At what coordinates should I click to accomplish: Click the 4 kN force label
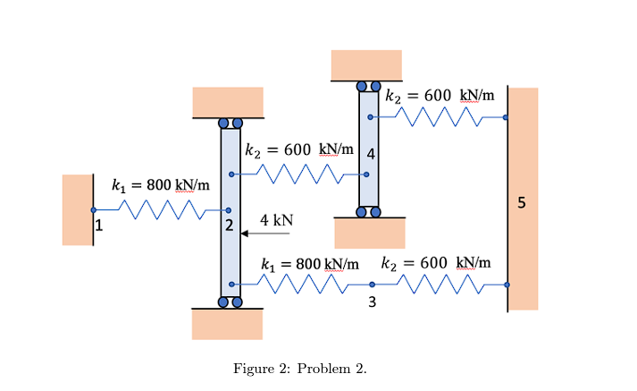276,220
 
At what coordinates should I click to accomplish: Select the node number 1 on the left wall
99,225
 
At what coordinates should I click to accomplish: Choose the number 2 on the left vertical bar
230,226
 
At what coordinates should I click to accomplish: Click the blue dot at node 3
373,285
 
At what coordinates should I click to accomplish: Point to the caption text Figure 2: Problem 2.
299,369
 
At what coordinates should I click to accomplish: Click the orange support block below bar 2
227,324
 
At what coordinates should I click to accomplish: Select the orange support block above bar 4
366,64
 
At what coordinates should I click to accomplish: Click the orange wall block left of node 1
77,209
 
